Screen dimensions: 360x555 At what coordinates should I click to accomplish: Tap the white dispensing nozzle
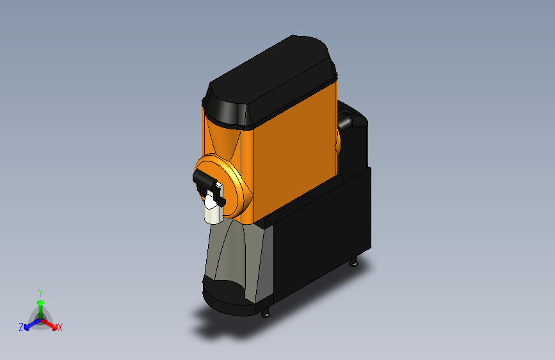click(x=211, y=211)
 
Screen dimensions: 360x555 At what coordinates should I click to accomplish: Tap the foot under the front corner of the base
click(x=266, y=313)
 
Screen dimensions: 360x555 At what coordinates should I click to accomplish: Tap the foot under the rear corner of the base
click(x=355, y=262)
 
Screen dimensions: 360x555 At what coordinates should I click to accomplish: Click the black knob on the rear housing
click(x=345, y=121)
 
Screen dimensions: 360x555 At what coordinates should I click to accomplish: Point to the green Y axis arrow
click(x=40, y=306)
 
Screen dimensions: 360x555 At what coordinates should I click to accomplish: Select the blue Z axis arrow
click(x=29, y=325)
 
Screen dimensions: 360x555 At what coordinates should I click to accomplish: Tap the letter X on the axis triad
click(x=60, y=328)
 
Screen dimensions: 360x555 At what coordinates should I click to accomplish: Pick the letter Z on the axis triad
click(x=21, y=327)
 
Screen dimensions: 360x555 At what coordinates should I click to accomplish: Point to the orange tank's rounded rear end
click(x=337, y=138)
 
